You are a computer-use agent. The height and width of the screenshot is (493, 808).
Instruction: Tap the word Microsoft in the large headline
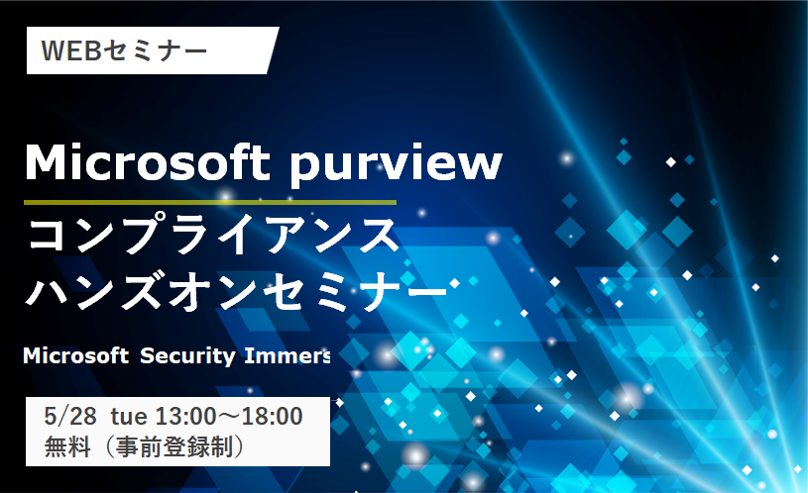click(147, 161)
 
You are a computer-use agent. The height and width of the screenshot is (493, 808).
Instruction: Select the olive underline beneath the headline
click(210, 203)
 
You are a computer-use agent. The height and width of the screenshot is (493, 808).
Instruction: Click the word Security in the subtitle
click(187, 356)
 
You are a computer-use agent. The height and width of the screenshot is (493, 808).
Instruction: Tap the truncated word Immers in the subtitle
click(288, 355)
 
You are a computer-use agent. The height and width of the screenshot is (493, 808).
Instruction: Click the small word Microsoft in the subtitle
click(75, 355)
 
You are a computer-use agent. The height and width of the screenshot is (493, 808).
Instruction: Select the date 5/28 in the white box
click(70, 417)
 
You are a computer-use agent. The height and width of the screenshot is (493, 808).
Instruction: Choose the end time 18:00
click(272, 417)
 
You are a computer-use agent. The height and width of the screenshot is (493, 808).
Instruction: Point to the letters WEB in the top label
click(70, 50)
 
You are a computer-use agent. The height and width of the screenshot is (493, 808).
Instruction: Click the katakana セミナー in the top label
click(155, 50)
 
